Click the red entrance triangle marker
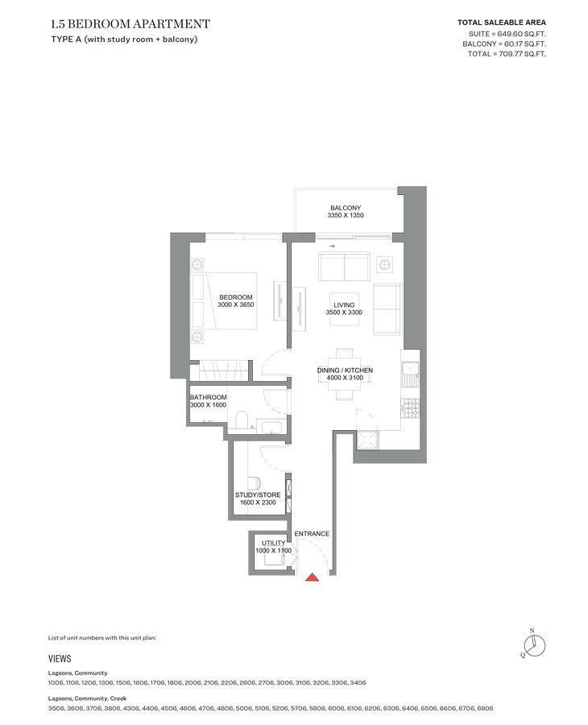pyautogui.click(x=313, y=577)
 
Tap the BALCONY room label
pyautogui.click(x=346, y=208)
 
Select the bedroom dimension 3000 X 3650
pyautogui.click(x=236, y=304)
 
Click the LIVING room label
pyautogui.click(x=344, y=305)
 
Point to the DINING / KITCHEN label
pyautogui.click(x=345, y=371)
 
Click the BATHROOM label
pyautogui.click(x=208, y=397)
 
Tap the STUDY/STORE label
pyautogui.click(x=258, y=495)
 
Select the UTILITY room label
pyautogui.click(x=274, y=543)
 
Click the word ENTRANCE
pyautogui.click(x=312, y=533)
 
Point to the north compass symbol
pyautogui.click(x=534, y=645)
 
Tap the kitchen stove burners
pyautogui.click(x=411, y=408)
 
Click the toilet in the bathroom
pyautogui.click(x=242, y=420)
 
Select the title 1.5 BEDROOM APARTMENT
pyautogui.click(x=130, y=23)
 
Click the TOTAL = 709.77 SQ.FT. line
pyautogui.click(x=507, y=54)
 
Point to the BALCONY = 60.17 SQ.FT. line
pyautogui.click(x=504, y=44)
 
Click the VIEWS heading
pyautogui.click(x=60, y=659)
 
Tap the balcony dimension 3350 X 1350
pyautogui.click(x=346, y=215)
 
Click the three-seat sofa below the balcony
pyautogui.click(x=345, y=266)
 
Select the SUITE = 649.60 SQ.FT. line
pyautogui.click(x=507, y=34)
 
